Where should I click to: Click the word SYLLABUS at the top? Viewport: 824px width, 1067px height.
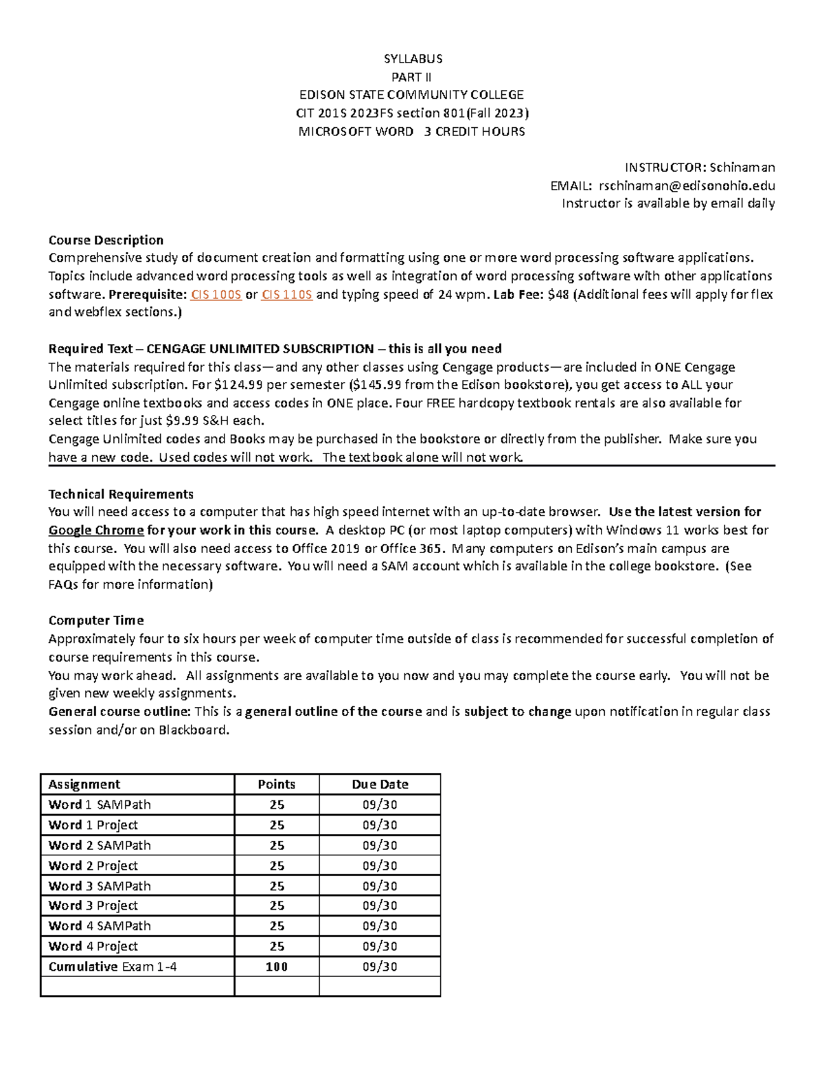pos(413,58)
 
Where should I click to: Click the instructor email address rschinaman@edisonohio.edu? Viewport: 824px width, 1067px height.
pos(687,186)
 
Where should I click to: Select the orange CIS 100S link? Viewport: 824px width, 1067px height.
pos(216,294)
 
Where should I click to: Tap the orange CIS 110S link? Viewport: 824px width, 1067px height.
pos(287,294)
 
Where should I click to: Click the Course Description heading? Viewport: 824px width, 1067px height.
pos(106,240)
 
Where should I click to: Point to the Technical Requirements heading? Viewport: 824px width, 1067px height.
pos(121,494)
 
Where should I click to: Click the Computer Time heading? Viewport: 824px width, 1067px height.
pos(96,620)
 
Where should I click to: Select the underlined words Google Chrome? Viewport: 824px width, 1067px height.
pos(96,530)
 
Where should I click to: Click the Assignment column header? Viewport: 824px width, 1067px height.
pos(84,784)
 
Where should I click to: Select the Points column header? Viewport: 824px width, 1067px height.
pos(276,784)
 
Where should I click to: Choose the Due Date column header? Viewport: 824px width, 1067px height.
pos(380,784)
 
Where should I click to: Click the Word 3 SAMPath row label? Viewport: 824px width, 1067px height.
pos(100,886)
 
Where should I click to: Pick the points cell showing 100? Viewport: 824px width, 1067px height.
pos(277,967)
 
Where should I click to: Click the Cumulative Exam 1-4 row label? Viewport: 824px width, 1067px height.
pos(113,967)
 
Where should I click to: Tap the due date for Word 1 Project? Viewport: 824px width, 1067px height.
pos(380,825)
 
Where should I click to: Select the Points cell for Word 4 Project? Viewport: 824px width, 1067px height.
pos(277,946)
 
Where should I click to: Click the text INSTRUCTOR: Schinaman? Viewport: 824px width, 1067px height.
pos(699,167)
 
